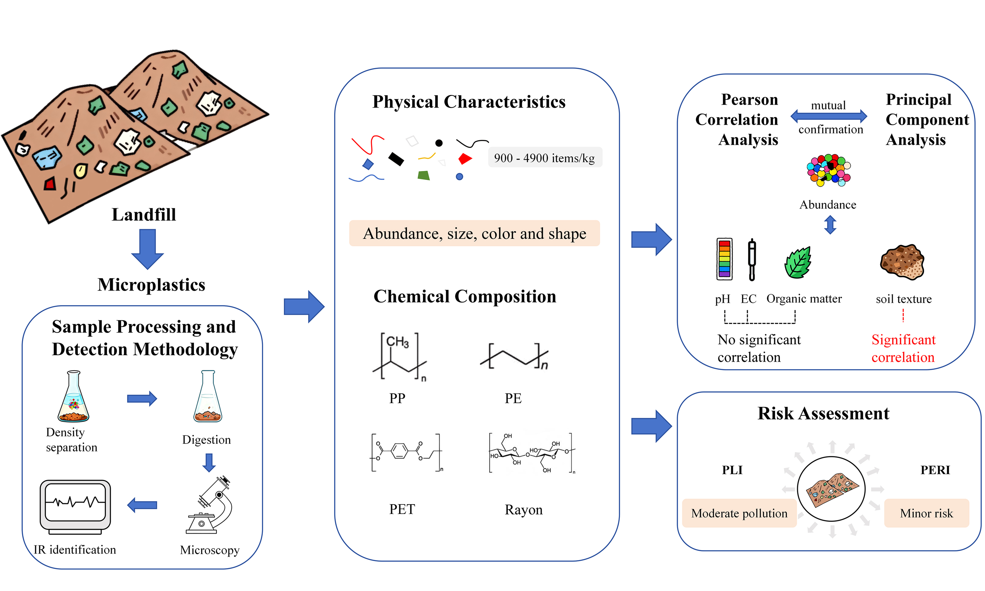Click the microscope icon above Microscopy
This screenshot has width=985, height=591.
coord(210,505)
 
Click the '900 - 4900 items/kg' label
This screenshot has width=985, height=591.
coord(544,158)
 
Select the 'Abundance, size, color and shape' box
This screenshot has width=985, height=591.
coord(474,233)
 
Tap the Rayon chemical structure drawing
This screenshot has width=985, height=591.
coord(532,453)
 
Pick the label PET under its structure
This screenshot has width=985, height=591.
coord(402,509)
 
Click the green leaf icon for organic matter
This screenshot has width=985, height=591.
coord(798,263)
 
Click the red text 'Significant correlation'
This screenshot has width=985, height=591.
coord(903,348)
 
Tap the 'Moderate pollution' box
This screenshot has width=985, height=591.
coord(739,513)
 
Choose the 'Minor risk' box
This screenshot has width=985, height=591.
coord(926,513)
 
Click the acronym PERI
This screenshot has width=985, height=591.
coord(935,470)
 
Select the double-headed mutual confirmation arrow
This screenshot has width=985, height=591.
coord(829,116)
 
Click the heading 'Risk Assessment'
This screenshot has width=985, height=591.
coord(823,413)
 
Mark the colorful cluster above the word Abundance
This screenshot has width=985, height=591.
coord(829,170)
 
